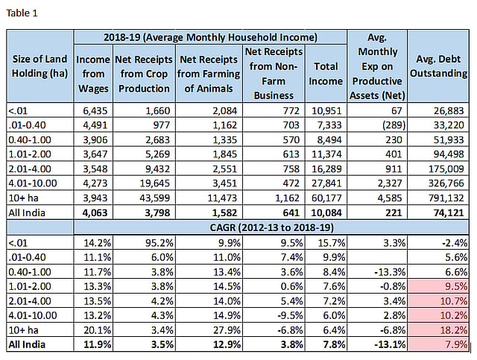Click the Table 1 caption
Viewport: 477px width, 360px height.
[x=22, y=13]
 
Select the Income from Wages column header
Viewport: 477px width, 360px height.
[x=93, y=74]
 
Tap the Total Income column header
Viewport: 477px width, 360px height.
[x=326, y=74]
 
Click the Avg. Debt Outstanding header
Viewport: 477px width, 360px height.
[x=438, y=66]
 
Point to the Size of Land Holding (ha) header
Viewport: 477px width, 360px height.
[x=40, y=66]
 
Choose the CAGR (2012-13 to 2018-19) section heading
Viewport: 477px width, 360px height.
[x=271, y=227]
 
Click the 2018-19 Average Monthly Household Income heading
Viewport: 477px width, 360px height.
[x=210, y=37]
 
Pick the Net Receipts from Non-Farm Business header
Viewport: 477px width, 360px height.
[x=274, y=74]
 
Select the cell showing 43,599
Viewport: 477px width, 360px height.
[x=154, y=198]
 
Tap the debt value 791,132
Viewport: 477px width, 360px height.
[x=446, y=198]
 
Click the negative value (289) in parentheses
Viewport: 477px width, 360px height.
[x=394, y=125]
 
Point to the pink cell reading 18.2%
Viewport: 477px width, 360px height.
[x=438, y=330]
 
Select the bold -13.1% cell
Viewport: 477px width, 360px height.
[x=390, y=344]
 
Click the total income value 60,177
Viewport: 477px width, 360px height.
[x=326, y=198]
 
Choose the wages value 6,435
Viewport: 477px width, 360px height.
[x=95, y=111]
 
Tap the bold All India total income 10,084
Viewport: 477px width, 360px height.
[x=326, y=212]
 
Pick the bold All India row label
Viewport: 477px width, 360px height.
[x=27, y=344]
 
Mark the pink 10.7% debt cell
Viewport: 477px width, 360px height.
[x=438, y=300]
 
